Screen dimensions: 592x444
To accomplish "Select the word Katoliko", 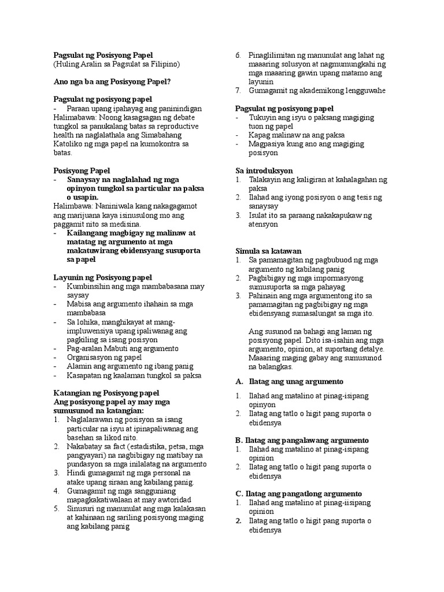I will click(67, 143).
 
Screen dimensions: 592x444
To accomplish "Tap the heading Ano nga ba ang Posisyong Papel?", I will click(112, 82).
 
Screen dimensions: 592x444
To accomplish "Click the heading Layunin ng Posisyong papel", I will click(102, 277).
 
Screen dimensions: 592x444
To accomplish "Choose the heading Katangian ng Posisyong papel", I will click(106, 393).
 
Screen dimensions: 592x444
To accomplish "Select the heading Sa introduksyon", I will click(264, 171).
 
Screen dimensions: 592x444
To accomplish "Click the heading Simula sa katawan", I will click(267, 251).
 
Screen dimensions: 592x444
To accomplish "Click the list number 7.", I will click(238, 91).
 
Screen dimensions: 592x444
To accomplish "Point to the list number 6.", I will click(238, 55).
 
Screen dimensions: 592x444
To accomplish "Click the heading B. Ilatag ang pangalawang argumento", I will click(302, 440).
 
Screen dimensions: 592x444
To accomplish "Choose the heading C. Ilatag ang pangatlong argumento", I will click(298, 493).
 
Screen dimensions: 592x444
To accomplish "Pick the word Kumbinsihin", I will click(92, 287).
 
